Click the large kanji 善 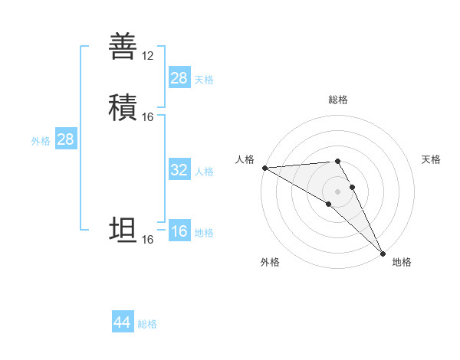click(x=123, y=46)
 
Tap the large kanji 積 click(x=123, y=106)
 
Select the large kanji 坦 click(x=123, y=229)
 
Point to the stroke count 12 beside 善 click(x=148, y=56)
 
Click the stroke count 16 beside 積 click(x=148, y=116)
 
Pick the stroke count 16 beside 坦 click(x=148, y=240)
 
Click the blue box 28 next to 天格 click(x=179, y=78)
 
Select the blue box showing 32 click(x=179, y=170)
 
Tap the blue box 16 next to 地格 click(x=179, y=232)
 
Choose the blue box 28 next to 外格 click(x=66, y=139)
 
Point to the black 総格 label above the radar click(x=338, y=100)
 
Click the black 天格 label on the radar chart click(x=431, y=159)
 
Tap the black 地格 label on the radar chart click(x=402, y=262)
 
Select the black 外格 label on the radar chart click(x=270, y=262)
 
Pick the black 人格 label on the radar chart click(x=245, y=159)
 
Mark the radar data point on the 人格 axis click(x=264, y=168)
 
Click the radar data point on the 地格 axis click(x=382, y=252)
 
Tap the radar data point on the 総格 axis click(x=338, y=162)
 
